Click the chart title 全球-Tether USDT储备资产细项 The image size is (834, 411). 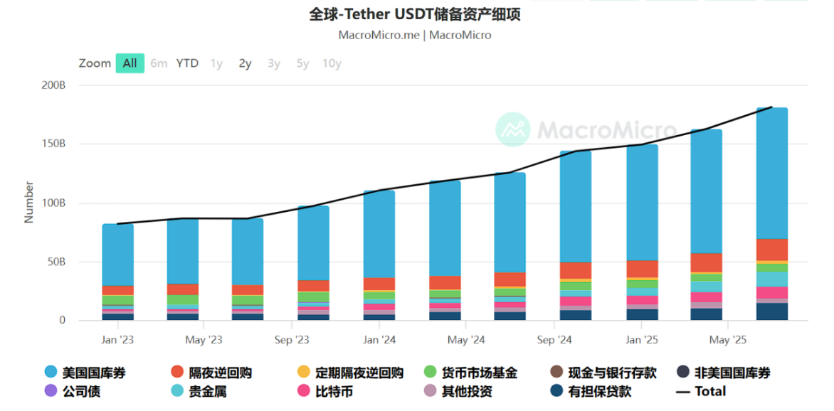click(x=414, y=15)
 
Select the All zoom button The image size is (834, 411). click(x=130, y=63)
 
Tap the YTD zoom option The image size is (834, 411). click(x=187, y=63)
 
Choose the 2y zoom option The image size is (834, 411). click(x=245, y=63)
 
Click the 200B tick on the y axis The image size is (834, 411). click(x=53, y=85)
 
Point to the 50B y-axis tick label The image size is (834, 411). click(x=56, y=262)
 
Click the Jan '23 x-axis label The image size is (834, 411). click(x=118, y=340)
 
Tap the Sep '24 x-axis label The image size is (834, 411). click(x=555, y=340)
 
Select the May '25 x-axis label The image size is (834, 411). click(x=729, y=340)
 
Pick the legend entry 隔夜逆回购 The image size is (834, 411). click(x=220, y=373)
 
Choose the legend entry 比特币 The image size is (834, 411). click(x=332, y=391)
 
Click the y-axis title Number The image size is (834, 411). click(x=29, y=203)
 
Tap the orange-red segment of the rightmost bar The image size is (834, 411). click(x=771, y=250)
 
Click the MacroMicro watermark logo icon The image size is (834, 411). click(x=513, y=129)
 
